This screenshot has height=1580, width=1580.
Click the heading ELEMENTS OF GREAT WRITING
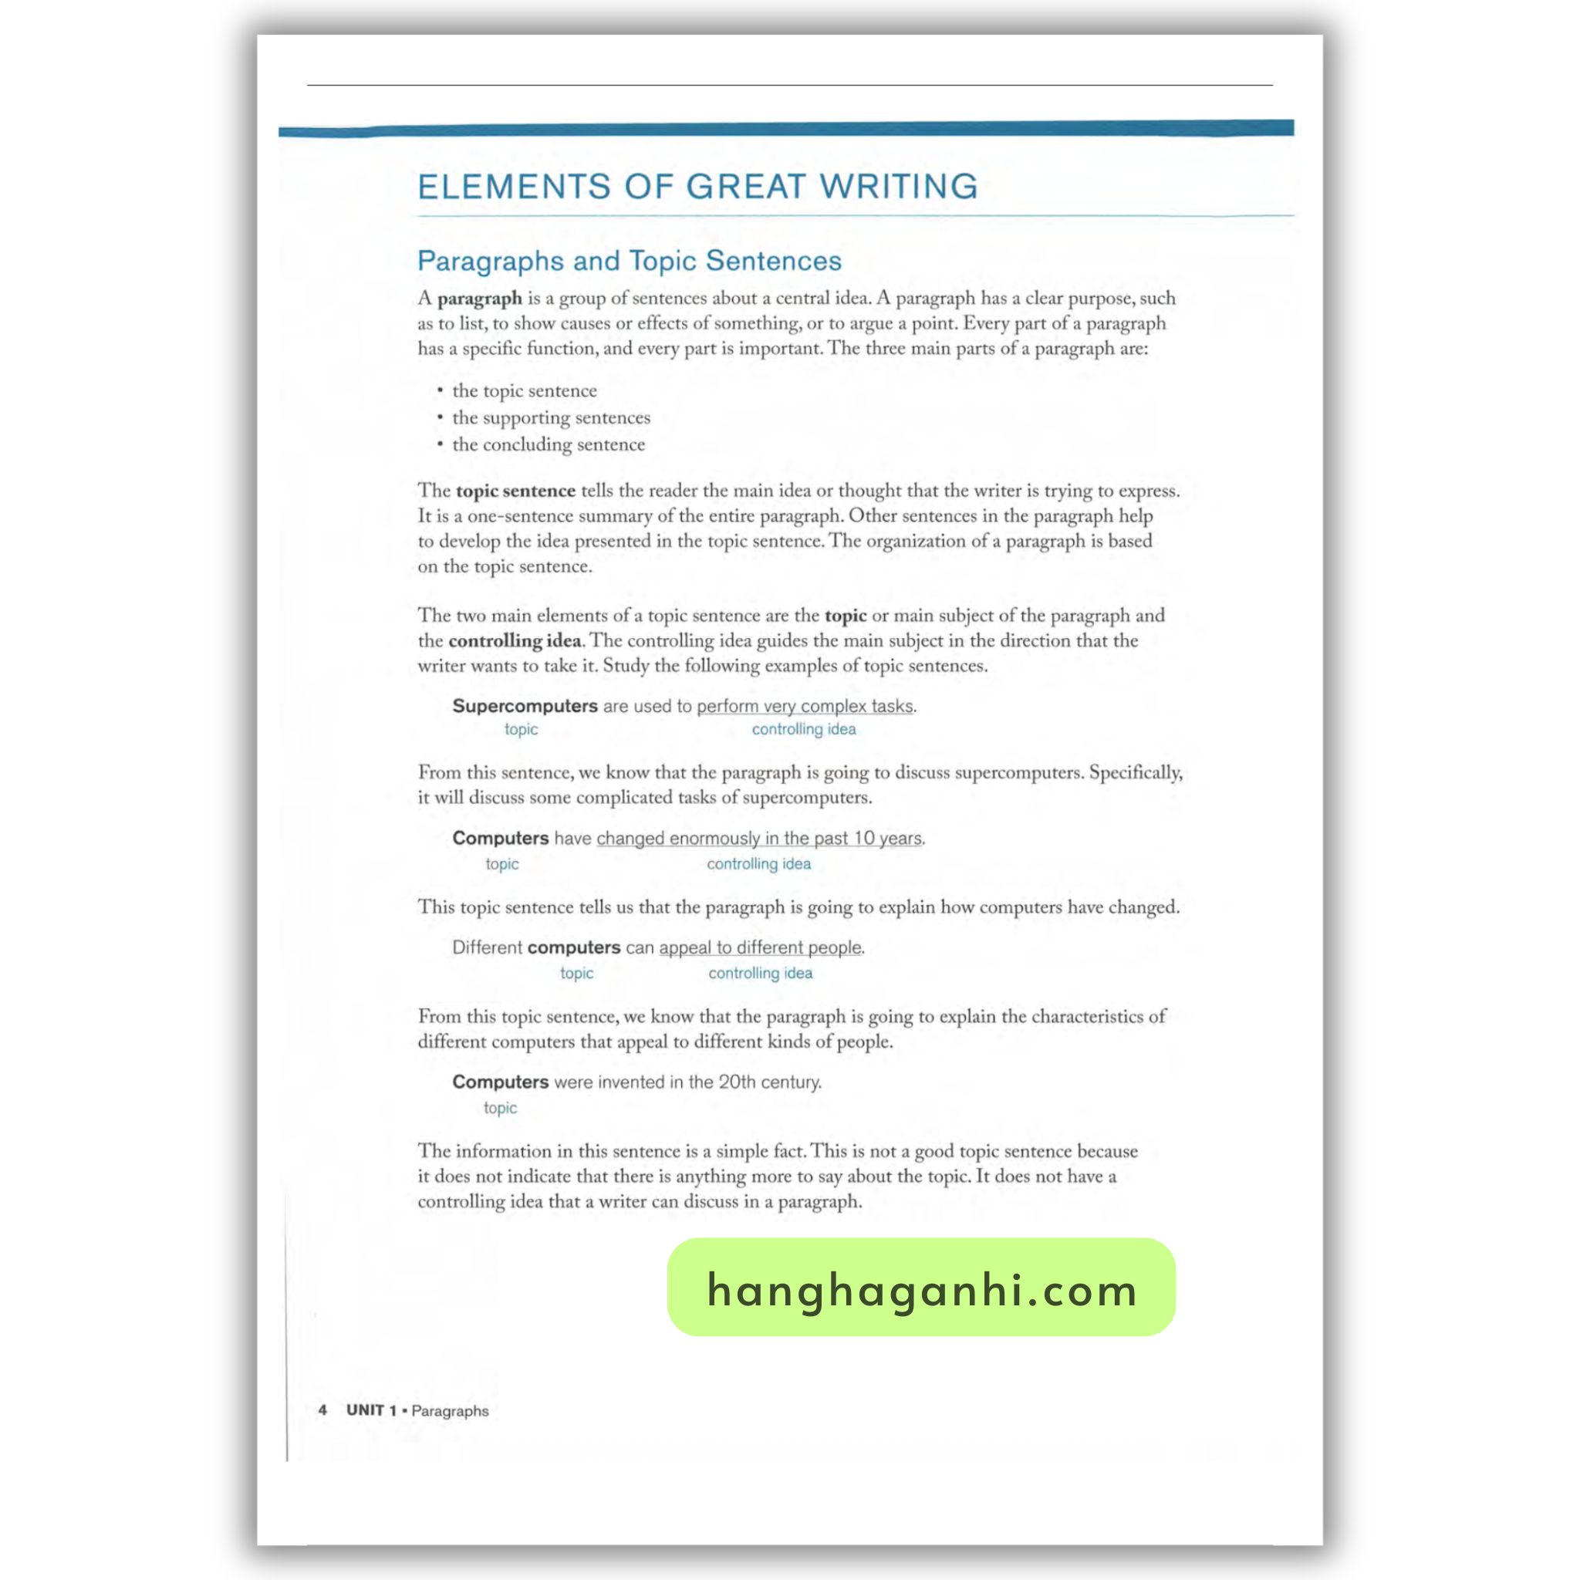697,187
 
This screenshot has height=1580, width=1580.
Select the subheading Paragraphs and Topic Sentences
629,261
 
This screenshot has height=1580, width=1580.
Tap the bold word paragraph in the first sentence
479,299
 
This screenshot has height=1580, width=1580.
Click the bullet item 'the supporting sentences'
551,418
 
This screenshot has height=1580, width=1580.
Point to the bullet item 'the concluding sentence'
548,445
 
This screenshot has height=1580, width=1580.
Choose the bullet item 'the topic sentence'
524,391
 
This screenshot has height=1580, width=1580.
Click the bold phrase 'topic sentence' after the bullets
515,491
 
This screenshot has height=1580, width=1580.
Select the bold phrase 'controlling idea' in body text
515,640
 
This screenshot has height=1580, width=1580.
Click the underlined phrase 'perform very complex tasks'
805,706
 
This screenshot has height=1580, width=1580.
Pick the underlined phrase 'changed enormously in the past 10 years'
759,839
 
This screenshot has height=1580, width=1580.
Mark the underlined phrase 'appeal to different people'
760,947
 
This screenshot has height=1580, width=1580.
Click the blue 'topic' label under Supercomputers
521,730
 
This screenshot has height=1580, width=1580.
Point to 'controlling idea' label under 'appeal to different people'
761,973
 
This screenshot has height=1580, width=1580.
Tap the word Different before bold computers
487,947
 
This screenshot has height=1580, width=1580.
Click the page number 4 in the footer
323,1410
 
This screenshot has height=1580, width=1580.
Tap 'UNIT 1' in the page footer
371,1410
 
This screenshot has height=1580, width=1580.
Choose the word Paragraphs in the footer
450,1411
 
